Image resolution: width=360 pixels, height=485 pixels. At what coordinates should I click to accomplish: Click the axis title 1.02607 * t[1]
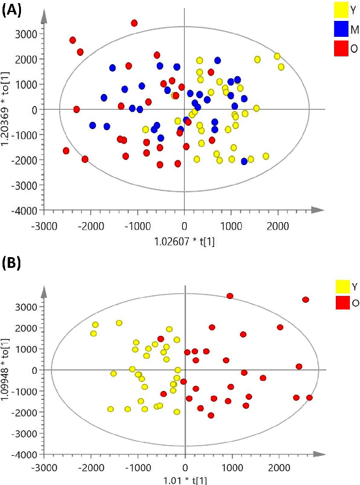tap(183, 242)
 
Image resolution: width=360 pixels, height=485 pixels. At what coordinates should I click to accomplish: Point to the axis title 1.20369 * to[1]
tap(7, 110)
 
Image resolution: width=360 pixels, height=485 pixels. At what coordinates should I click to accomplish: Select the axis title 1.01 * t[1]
tap(185, 481)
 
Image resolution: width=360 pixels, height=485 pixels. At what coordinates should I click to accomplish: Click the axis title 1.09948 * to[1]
tap(7, 370)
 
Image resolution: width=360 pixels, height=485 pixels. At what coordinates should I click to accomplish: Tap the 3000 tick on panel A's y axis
tap(26, 34)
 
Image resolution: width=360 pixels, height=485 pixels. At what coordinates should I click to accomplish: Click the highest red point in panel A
tap(134, 23)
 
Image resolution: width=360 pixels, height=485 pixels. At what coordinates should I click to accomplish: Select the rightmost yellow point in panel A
tap(281, 67)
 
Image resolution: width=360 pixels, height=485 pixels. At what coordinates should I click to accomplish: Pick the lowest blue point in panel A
tap(244, 161)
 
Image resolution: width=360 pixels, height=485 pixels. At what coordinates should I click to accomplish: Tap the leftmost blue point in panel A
tap(93, 126)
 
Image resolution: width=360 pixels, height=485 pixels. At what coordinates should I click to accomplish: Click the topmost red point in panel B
tap(230, 296)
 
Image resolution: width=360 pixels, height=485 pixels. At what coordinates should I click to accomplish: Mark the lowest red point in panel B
tap(211, 415)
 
